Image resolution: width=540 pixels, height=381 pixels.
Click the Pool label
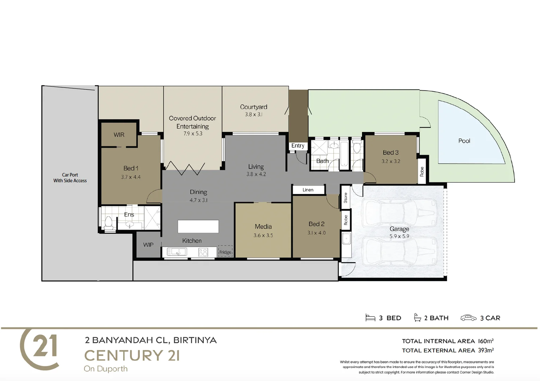(464, 141)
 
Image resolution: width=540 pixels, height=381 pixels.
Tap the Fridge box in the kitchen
(225, 251)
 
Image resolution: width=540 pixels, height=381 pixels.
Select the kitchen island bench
(198, 226)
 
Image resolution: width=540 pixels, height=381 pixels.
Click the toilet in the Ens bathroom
(108, 223)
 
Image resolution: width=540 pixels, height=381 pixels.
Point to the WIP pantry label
(148, 244)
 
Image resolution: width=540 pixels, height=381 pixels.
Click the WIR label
(119, 135)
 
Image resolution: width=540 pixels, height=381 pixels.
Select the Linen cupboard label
(308, 190)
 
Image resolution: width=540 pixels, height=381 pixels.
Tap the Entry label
(298, 145)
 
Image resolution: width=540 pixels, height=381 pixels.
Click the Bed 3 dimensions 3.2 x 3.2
(391, 161)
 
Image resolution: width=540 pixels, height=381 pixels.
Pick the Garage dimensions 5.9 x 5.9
(399, 236)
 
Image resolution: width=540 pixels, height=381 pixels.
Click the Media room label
(263, 226)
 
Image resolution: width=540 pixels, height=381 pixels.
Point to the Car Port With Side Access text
(70, 177)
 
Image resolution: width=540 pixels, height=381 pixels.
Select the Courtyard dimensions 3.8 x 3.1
(254, 114)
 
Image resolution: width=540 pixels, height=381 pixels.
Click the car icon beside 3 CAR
(468, 318)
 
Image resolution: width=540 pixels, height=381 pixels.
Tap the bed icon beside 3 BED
(370, 318)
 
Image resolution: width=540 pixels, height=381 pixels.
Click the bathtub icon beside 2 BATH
(417, 317)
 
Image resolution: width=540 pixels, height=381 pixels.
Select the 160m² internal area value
(486, 341)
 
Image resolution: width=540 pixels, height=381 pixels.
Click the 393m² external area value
(486, 350)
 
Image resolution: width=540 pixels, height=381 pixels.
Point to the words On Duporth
(106, 369)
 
